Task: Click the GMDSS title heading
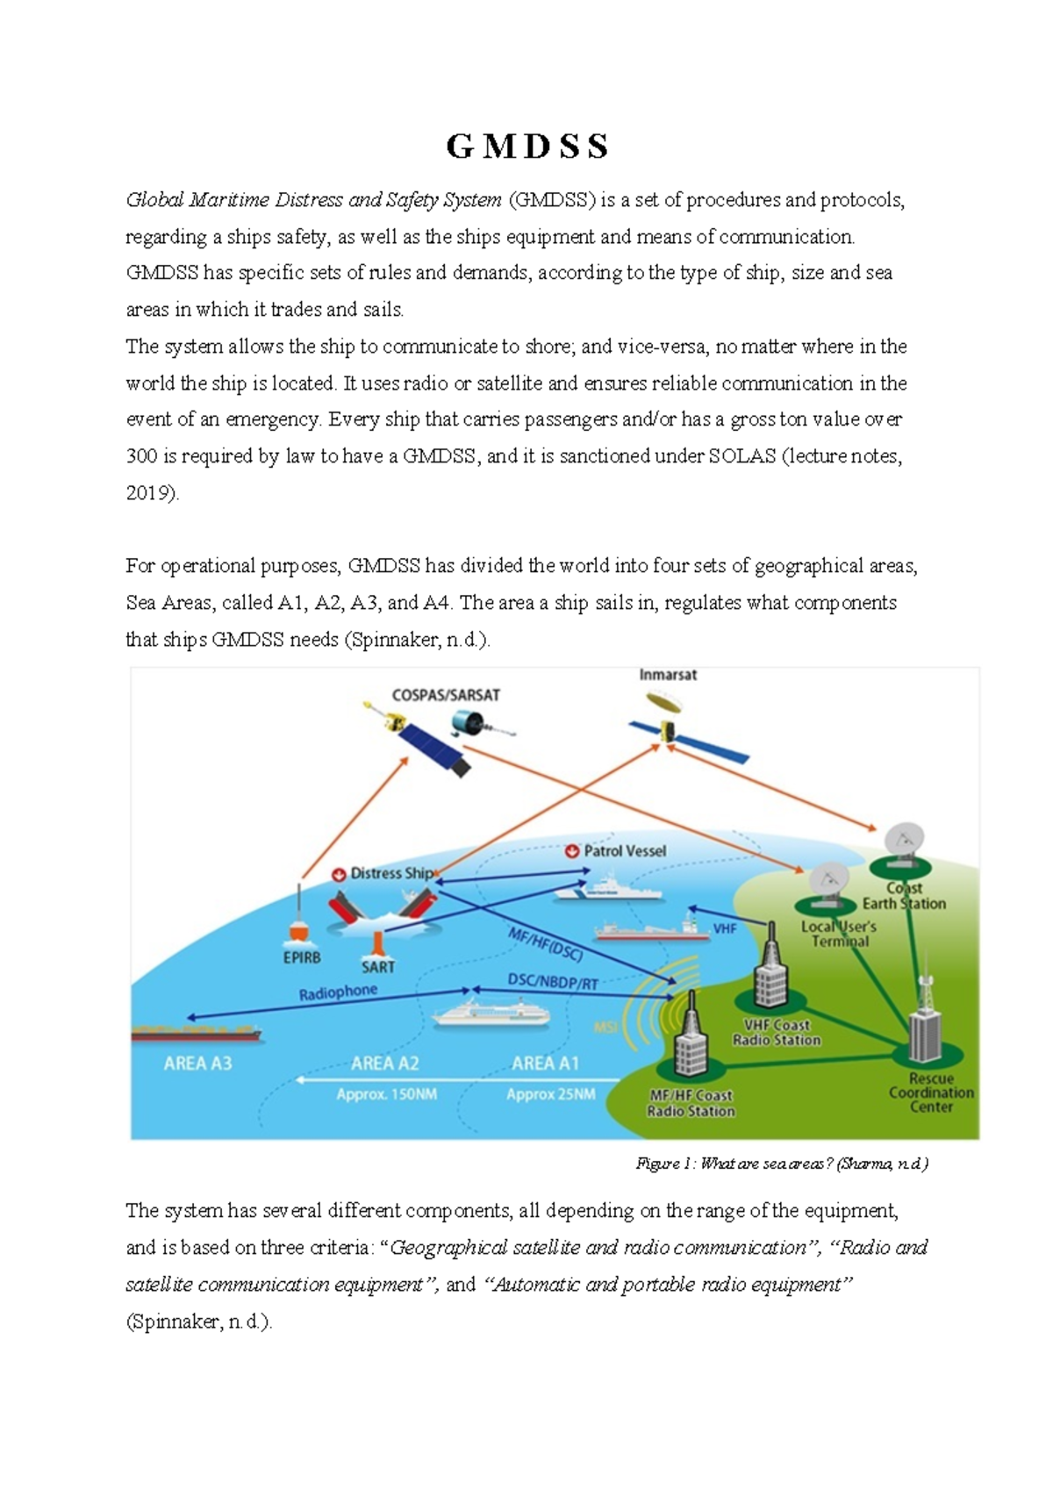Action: coord(527,147)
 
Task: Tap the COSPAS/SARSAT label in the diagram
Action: coord(446,695)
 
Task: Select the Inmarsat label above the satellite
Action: coord(668,675)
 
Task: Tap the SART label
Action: coord(378,967)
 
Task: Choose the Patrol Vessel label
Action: coord(625,851)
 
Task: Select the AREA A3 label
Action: coord(198,1064)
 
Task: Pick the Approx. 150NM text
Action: coord(386,1095)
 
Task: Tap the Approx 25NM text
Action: coord(550,1095)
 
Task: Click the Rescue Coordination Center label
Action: coord(931,1092)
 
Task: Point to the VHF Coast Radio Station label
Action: coord(777,1033)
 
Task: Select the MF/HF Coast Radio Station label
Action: coord(691,1103)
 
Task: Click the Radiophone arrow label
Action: coord(338,992)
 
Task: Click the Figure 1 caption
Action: coord(782,1164)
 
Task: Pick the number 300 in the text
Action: coord(142,456)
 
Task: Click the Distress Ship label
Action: coord(391,873)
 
